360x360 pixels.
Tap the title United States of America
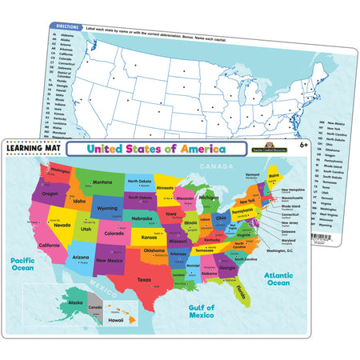point(156,149)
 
